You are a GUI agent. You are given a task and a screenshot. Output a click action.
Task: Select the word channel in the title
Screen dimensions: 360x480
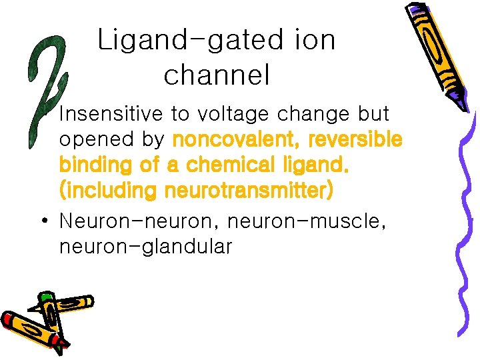pyautogui.click(x=217, y=75)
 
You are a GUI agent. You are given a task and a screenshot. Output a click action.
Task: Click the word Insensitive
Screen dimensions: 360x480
pyautogui.click(x=111, y=114)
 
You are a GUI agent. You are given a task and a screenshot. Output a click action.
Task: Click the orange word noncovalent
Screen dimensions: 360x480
pyautogui.click(x=227, y=140)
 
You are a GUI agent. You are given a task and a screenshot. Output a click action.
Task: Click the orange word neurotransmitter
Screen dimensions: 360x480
pyautogui.click(x=247, y=191)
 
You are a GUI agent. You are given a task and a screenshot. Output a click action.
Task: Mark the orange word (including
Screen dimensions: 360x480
pyautogui.click(x=107, y=191)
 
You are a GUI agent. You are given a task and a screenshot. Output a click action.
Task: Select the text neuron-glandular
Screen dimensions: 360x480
pyautogui.click(x=145, y=247)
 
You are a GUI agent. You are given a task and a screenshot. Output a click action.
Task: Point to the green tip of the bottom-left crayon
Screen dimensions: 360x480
pyautogui.click(x=46, y=296)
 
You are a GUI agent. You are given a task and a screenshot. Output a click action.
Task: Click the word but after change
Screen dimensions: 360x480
pyautogui.click(x=373, y=114)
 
